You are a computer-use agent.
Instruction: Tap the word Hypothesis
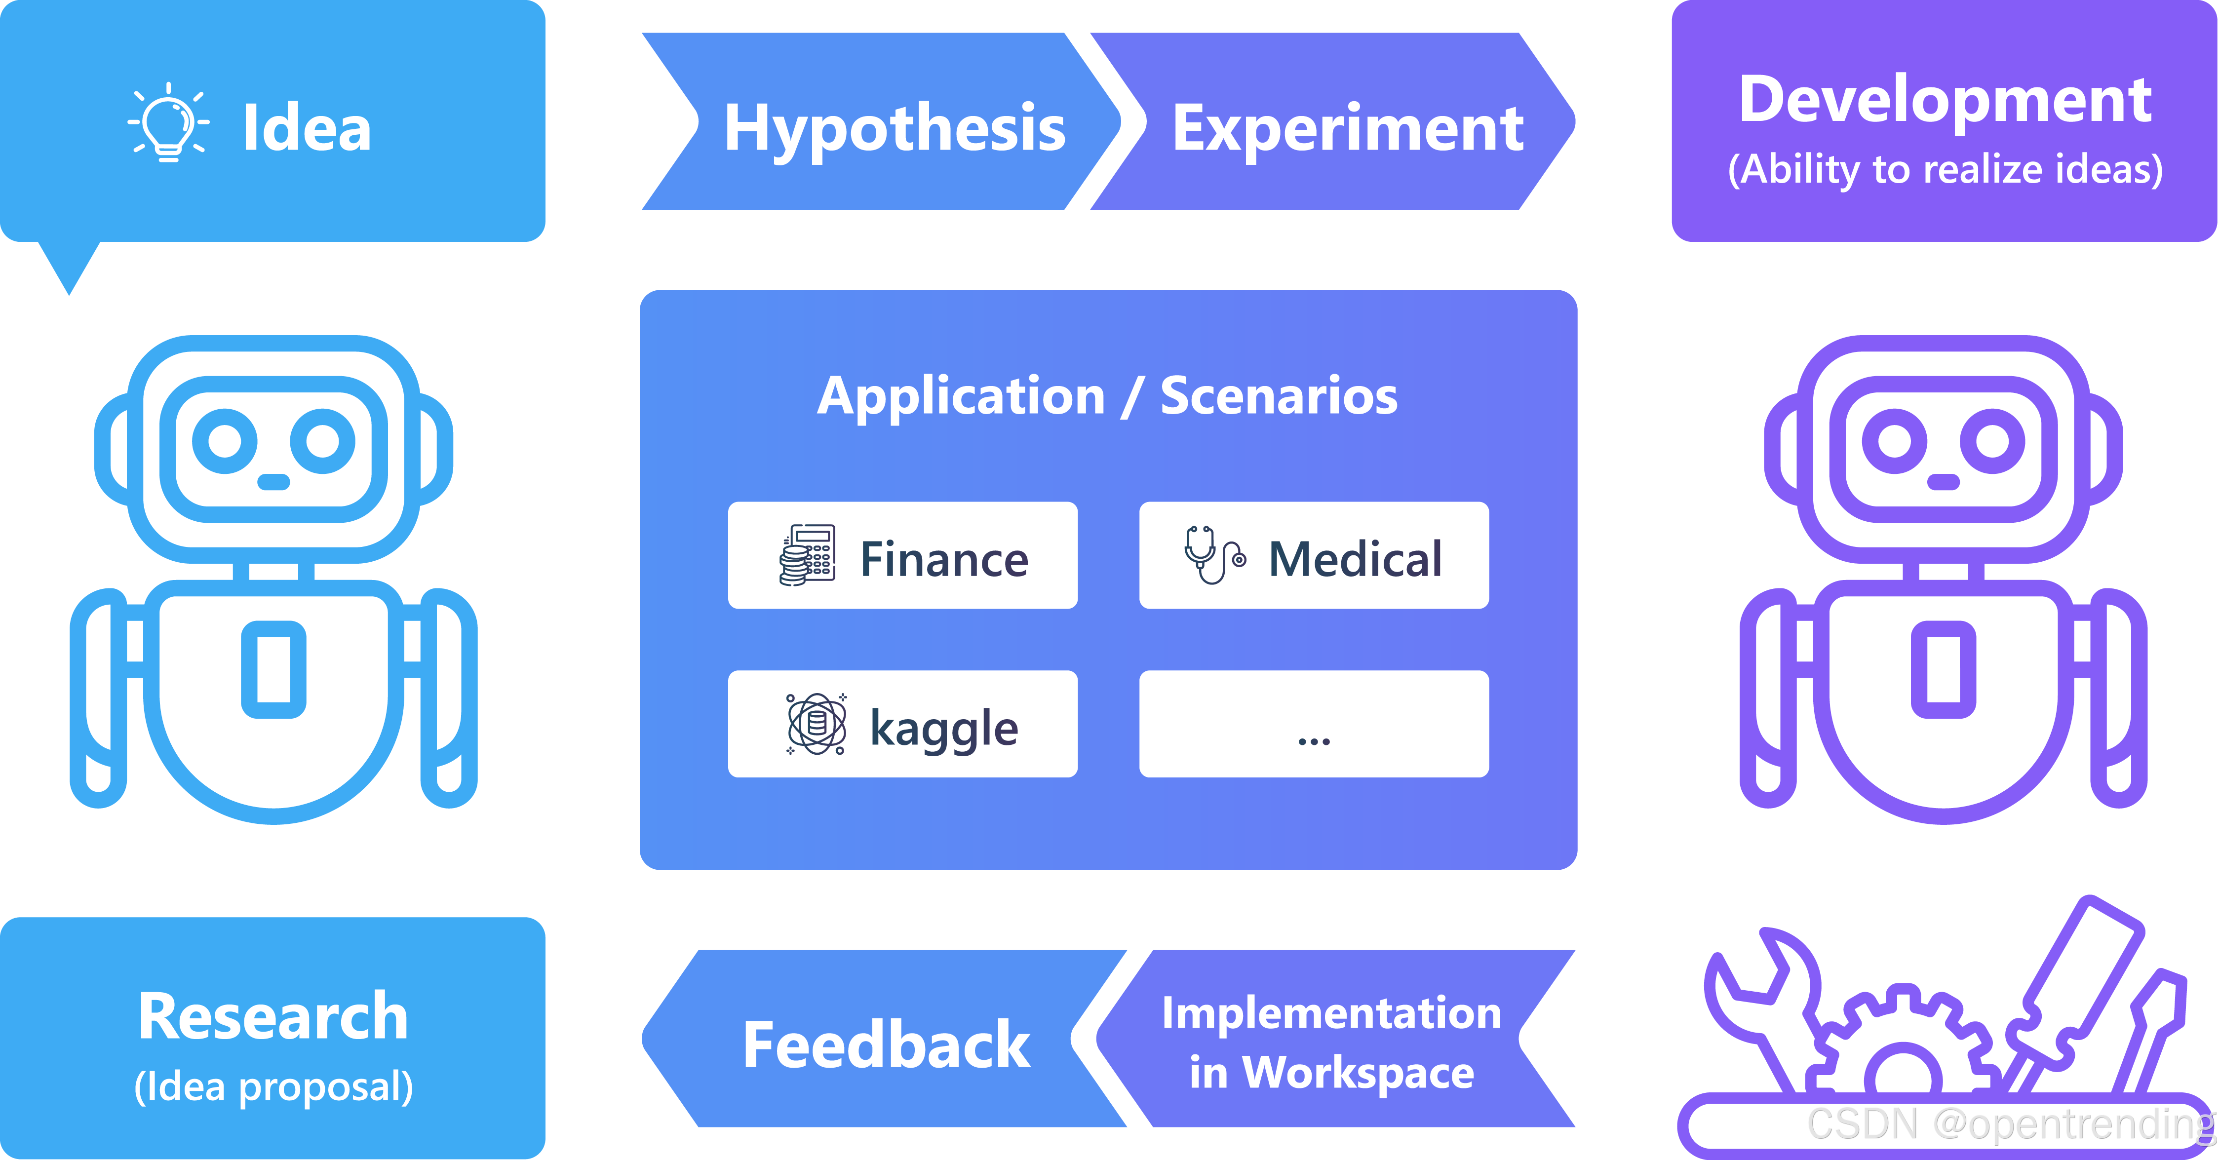coord(894,127)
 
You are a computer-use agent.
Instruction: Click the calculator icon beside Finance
coord(807,555)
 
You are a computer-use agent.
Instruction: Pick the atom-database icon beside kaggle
coord(816,723)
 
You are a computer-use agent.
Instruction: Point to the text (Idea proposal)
coord(273,1087)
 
